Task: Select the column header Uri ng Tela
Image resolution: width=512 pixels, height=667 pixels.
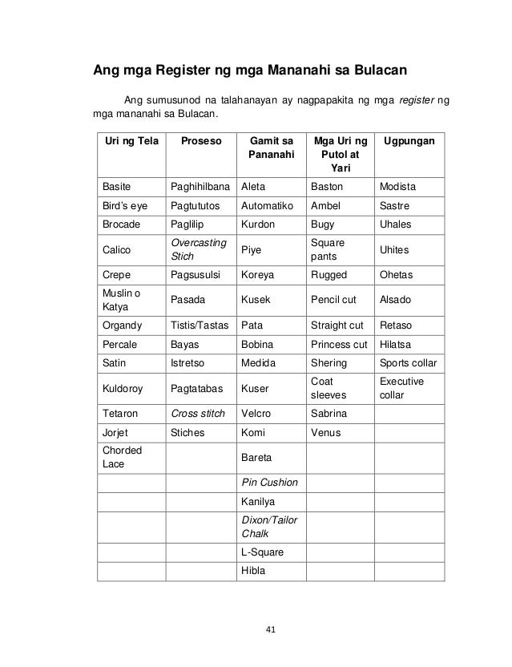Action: (x=127, y=140)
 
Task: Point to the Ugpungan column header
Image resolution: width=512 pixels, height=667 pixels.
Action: (x=409, y=140)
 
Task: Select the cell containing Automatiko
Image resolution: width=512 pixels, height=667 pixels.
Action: (x=269, y=206)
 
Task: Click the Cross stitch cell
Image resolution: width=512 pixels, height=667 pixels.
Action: (x=197, y=414)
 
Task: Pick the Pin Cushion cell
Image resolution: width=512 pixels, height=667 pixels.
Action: (x=269, y=482)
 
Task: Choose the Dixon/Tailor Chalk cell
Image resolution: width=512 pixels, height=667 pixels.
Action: (x=269, y=527)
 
